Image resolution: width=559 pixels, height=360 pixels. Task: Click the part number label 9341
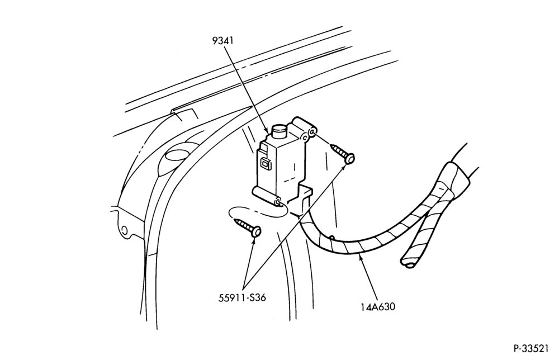coord(222,41)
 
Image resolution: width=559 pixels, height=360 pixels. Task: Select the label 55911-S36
coord(242,297)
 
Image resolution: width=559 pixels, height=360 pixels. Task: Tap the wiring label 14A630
coord(378,306)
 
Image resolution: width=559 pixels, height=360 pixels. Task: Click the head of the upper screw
coord(350,158)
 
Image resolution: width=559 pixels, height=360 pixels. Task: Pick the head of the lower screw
coord(256,232)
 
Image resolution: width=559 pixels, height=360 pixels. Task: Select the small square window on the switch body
coord(266,164)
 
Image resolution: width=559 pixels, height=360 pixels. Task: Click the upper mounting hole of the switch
coord(312,132)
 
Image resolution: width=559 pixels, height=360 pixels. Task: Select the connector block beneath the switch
coord(301,201)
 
